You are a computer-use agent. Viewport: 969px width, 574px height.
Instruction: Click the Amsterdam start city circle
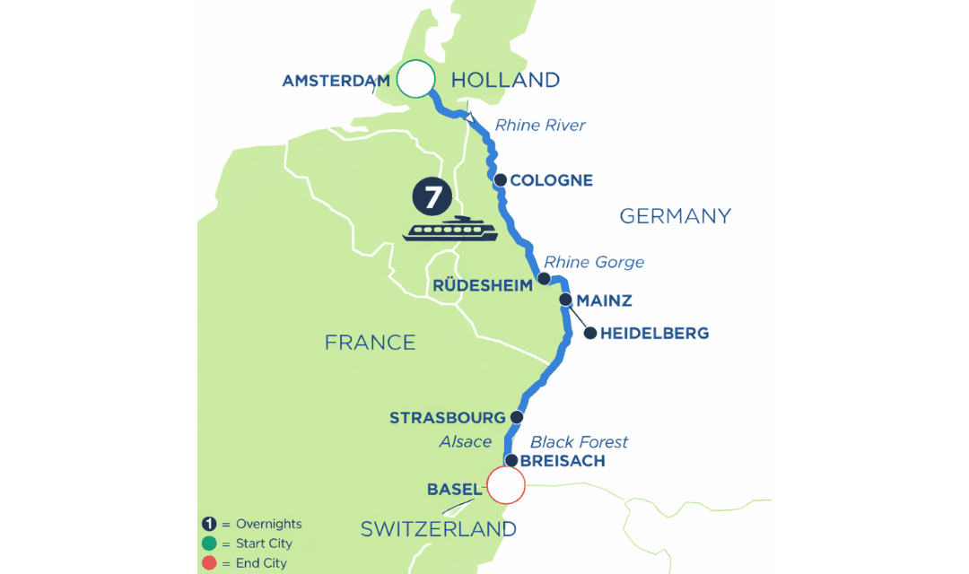415,79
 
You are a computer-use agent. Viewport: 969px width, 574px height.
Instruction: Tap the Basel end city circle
505,487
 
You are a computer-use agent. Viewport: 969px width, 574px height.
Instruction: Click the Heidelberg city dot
590,334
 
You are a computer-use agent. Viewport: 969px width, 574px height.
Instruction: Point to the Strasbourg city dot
516,418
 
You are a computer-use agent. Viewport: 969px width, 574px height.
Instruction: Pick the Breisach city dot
511,461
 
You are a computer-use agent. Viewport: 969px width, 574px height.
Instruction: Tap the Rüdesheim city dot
544,280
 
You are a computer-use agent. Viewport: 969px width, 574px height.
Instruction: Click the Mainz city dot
565,300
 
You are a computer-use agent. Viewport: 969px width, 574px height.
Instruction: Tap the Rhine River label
540,126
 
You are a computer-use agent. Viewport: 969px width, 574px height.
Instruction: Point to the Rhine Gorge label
594,262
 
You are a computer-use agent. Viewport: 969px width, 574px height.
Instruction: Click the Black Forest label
579,441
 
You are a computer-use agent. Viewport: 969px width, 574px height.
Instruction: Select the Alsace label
465,441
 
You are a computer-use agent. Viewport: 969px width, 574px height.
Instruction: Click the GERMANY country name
675,216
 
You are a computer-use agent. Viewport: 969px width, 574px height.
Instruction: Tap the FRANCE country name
370,342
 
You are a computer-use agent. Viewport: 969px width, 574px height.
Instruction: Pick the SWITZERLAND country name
438,529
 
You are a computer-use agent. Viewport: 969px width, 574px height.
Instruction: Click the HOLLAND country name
505,80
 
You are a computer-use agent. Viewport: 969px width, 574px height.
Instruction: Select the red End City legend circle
208,563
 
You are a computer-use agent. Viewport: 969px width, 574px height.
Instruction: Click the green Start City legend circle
208,544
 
